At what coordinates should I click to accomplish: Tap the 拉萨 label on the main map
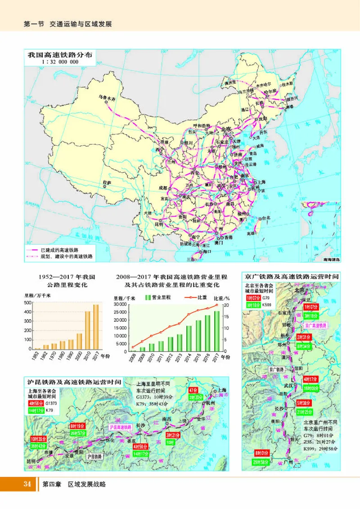coord(106,182)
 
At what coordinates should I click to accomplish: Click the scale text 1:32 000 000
coord(60,62)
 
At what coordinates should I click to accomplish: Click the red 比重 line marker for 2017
coord(216,305)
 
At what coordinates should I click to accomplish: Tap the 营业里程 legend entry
coord(156,297)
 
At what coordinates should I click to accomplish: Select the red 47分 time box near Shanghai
coord(193,390)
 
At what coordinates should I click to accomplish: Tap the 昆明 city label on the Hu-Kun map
coord(31,461)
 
